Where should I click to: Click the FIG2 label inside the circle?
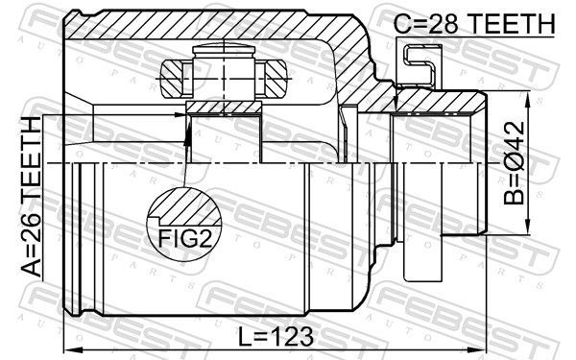coord(185,239)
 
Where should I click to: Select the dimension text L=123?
coord(276,336)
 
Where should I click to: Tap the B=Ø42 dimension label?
coord(515,163)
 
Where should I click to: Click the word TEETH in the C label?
coord(511,24)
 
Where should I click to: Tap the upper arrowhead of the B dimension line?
coord(527,100)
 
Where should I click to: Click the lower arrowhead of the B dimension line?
coord(527,226)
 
